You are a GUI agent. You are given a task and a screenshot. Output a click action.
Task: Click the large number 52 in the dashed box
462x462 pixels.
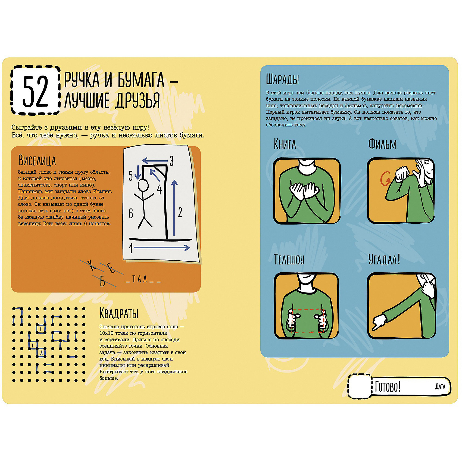(x=36, y=91)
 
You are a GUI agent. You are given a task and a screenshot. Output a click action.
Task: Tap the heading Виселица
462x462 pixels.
(x=37, y=161)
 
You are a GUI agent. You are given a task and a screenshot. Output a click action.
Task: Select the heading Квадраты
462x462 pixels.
(x=119, y=313)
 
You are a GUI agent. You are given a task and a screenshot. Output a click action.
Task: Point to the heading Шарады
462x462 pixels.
(x=282, y=79)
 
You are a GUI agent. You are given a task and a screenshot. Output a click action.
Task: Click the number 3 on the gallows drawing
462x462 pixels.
(x=171, y=161)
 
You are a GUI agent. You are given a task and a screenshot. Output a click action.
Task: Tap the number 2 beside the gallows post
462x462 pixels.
(x=180, y=212)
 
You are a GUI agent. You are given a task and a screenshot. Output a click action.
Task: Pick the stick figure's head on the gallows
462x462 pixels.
(x=143, y=186)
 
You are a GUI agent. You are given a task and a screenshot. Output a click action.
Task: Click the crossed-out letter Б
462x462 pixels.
(x=102, y=282)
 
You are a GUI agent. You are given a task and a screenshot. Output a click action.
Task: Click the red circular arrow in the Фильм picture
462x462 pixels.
(x=385, y=179)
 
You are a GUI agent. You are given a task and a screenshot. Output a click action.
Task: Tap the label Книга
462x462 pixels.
(x=285, y=144)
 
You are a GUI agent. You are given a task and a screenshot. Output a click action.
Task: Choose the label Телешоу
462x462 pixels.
(x=289, y=259)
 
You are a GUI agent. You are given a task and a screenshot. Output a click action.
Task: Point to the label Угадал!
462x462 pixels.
(x=384, y=259)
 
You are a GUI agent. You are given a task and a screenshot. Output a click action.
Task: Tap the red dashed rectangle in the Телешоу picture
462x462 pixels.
(x=307, y=321)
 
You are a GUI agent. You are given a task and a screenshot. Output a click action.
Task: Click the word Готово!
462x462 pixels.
(x=388, y=387)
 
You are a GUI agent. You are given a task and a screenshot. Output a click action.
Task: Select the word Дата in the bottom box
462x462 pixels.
(x=440, y=386)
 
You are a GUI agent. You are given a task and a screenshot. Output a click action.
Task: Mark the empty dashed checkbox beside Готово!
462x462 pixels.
(x=360, y=386)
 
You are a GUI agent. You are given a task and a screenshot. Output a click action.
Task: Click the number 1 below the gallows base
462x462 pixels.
(x=131, y=248)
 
